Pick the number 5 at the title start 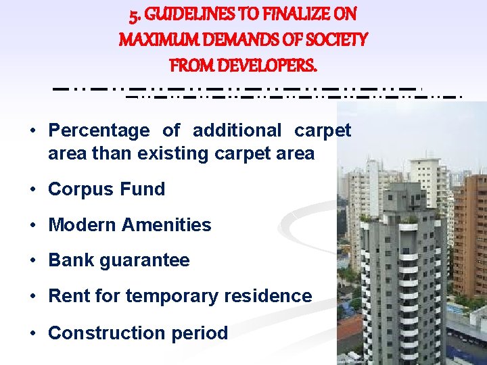pos(134,14)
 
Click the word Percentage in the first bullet pos(99,130)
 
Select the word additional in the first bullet pos(237,130)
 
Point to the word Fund pos(142,189)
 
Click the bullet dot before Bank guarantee pos(32,261)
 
